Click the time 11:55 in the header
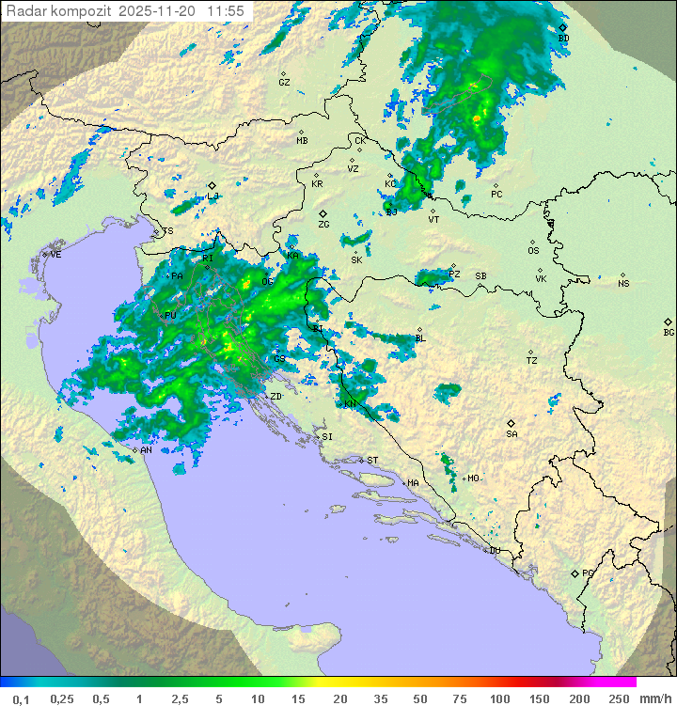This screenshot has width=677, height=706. (x=226, y=11)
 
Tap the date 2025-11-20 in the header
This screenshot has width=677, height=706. (x=161, y=11)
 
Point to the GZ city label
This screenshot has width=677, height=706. (x=284, y=83)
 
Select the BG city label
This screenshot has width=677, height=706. (x=669, y=332)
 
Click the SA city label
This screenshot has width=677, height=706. (x=512, y=433)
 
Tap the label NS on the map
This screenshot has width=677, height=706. (x=623, y=284)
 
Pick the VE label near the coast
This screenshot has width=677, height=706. (x=55, y=255)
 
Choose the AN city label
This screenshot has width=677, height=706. (x=147, y=450)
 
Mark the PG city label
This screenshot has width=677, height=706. (x=588, y=573)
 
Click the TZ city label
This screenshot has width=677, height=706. (x=531, y=360)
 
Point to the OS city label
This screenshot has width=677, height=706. (x=533, y=251)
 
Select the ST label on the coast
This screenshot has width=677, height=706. (x=372, y=460)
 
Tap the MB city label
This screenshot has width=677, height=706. (x=302, y=141)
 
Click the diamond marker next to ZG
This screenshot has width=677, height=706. (x=323, y=214)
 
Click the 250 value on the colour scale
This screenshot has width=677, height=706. (x=618, y=698)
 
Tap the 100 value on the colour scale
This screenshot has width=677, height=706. (x=498, y=698)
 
